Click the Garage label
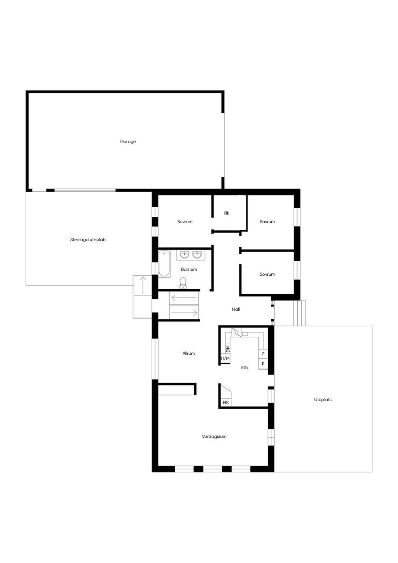point(128,142)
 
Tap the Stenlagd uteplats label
point(88,240)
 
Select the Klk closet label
point(226,213)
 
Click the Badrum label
point(189,269)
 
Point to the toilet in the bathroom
point(183,283)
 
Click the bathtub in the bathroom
point(164,263)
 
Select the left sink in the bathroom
point(185,255)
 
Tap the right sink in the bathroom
point(197,255)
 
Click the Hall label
point(236,309)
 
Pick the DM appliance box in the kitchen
point(228,349)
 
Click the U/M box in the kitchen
point(225,358)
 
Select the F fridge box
point(263,354)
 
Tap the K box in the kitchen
point(263,363)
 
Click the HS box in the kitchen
point(226,402)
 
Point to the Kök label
point(245,368)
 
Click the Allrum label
point(189,353)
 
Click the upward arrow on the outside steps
point(143,285)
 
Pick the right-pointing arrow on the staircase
point(184,313)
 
